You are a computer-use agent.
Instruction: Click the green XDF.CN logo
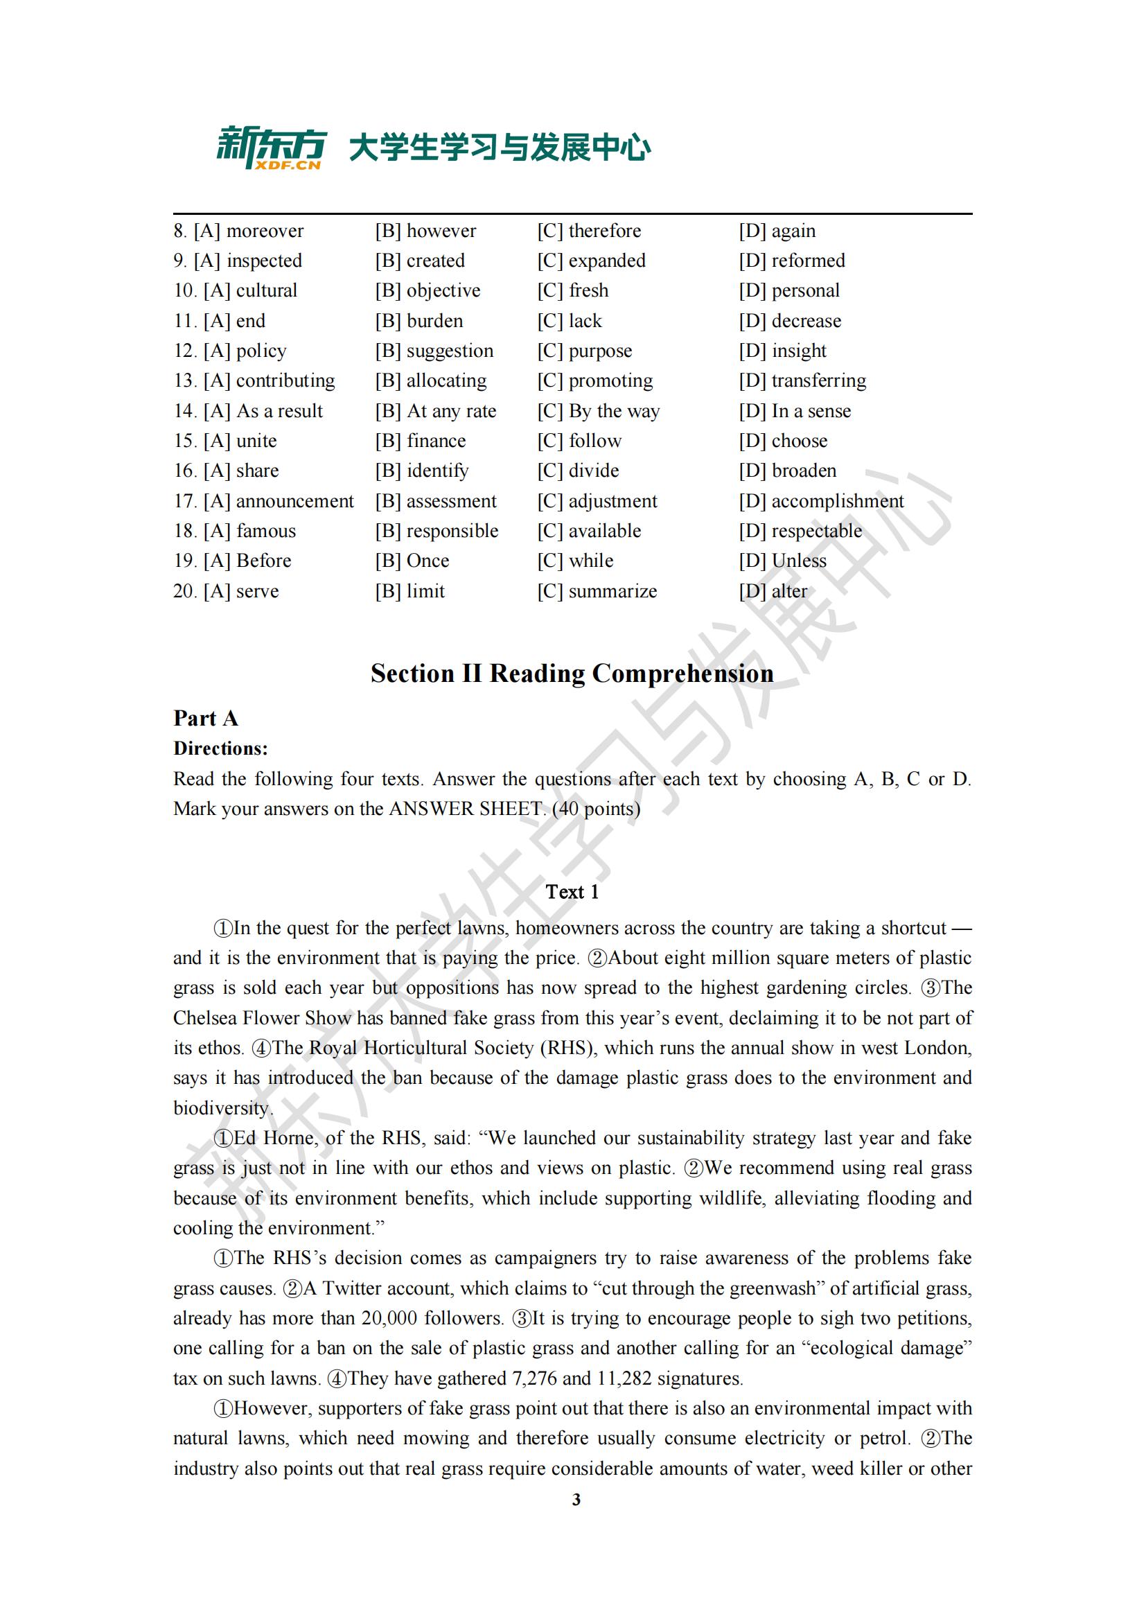(271, 148)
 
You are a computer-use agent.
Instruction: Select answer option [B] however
(425, 231)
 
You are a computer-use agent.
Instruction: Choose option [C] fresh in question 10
(572, 290)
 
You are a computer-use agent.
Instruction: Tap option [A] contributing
(269, 380)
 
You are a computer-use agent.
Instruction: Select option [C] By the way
(599, 411)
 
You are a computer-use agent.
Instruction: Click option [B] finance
(421, 441)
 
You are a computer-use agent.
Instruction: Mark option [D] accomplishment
(822, 500)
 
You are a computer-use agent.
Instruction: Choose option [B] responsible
(437, 531)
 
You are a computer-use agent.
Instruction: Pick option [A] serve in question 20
(241, 591)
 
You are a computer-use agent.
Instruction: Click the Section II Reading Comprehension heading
(572, 674)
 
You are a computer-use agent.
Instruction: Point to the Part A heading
(205, 718)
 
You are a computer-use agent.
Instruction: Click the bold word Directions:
(220, 748)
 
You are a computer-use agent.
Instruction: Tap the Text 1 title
(572, 892)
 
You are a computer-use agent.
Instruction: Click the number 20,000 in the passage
(388, 1318)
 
